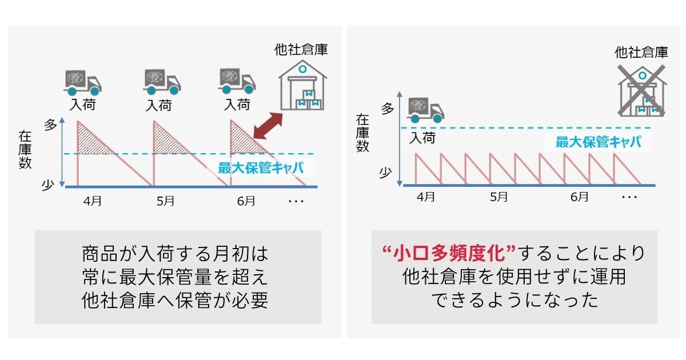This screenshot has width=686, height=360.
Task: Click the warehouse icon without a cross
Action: point(301,86)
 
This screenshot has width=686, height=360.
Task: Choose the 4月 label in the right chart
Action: point(425,197)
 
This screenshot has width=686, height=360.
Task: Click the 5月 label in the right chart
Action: point(498,197)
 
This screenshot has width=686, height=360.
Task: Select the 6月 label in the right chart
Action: point(579,197)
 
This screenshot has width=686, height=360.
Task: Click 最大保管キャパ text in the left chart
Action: point(260,168)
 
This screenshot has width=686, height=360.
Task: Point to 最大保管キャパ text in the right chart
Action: point(597,142)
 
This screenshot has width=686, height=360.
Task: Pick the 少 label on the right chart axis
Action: point(387,171)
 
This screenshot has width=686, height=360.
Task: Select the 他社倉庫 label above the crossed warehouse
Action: point(641,53)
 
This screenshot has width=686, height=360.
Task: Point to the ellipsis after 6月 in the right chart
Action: point(629,197)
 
